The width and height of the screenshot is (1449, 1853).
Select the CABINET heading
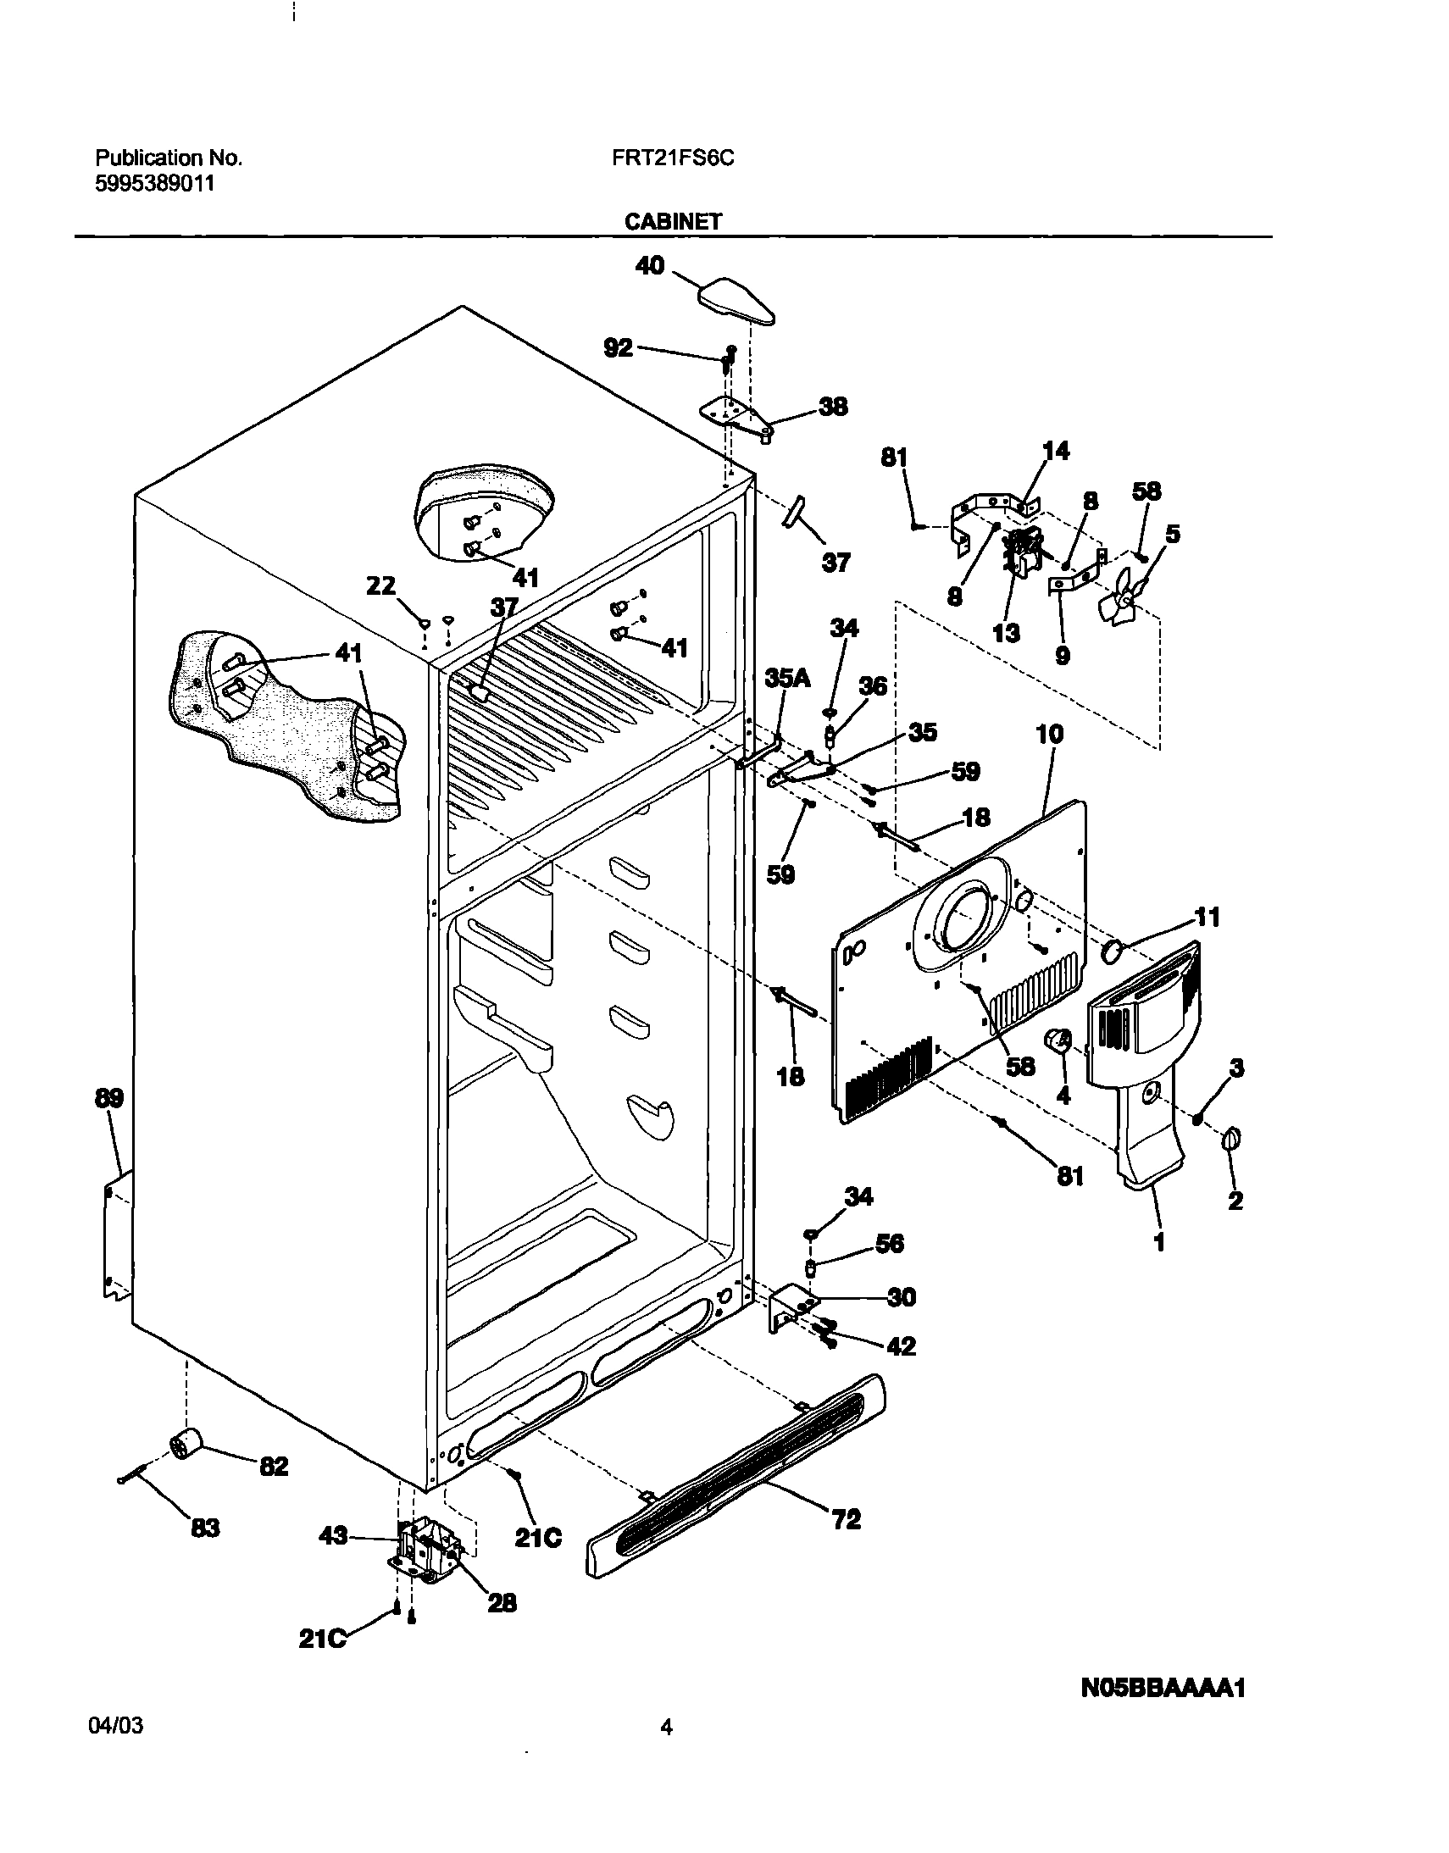tap(673, 221)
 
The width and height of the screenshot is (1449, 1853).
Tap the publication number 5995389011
tap(154, 184)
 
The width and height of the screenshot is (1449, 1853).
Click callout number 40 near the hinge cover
tap(650, 265)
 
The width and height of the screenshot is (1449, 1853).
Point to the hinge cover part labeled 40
tap(736, 302)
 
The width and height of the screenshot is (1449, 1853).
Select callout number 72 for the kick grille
tap(847, 1518)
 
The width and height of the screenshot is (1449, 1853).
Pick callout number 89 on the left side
tap(108, 1098)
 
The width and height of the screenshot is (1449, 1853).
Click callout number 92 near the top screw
tap(618, 347)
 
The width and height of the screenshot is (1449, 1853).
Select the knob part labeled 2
tap(1231, 1142)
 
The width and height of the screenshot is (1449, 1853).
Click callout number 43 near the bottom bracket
tap(333, 1560)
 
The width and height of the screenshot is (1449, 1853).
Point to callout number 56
tap(889, 1244)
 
